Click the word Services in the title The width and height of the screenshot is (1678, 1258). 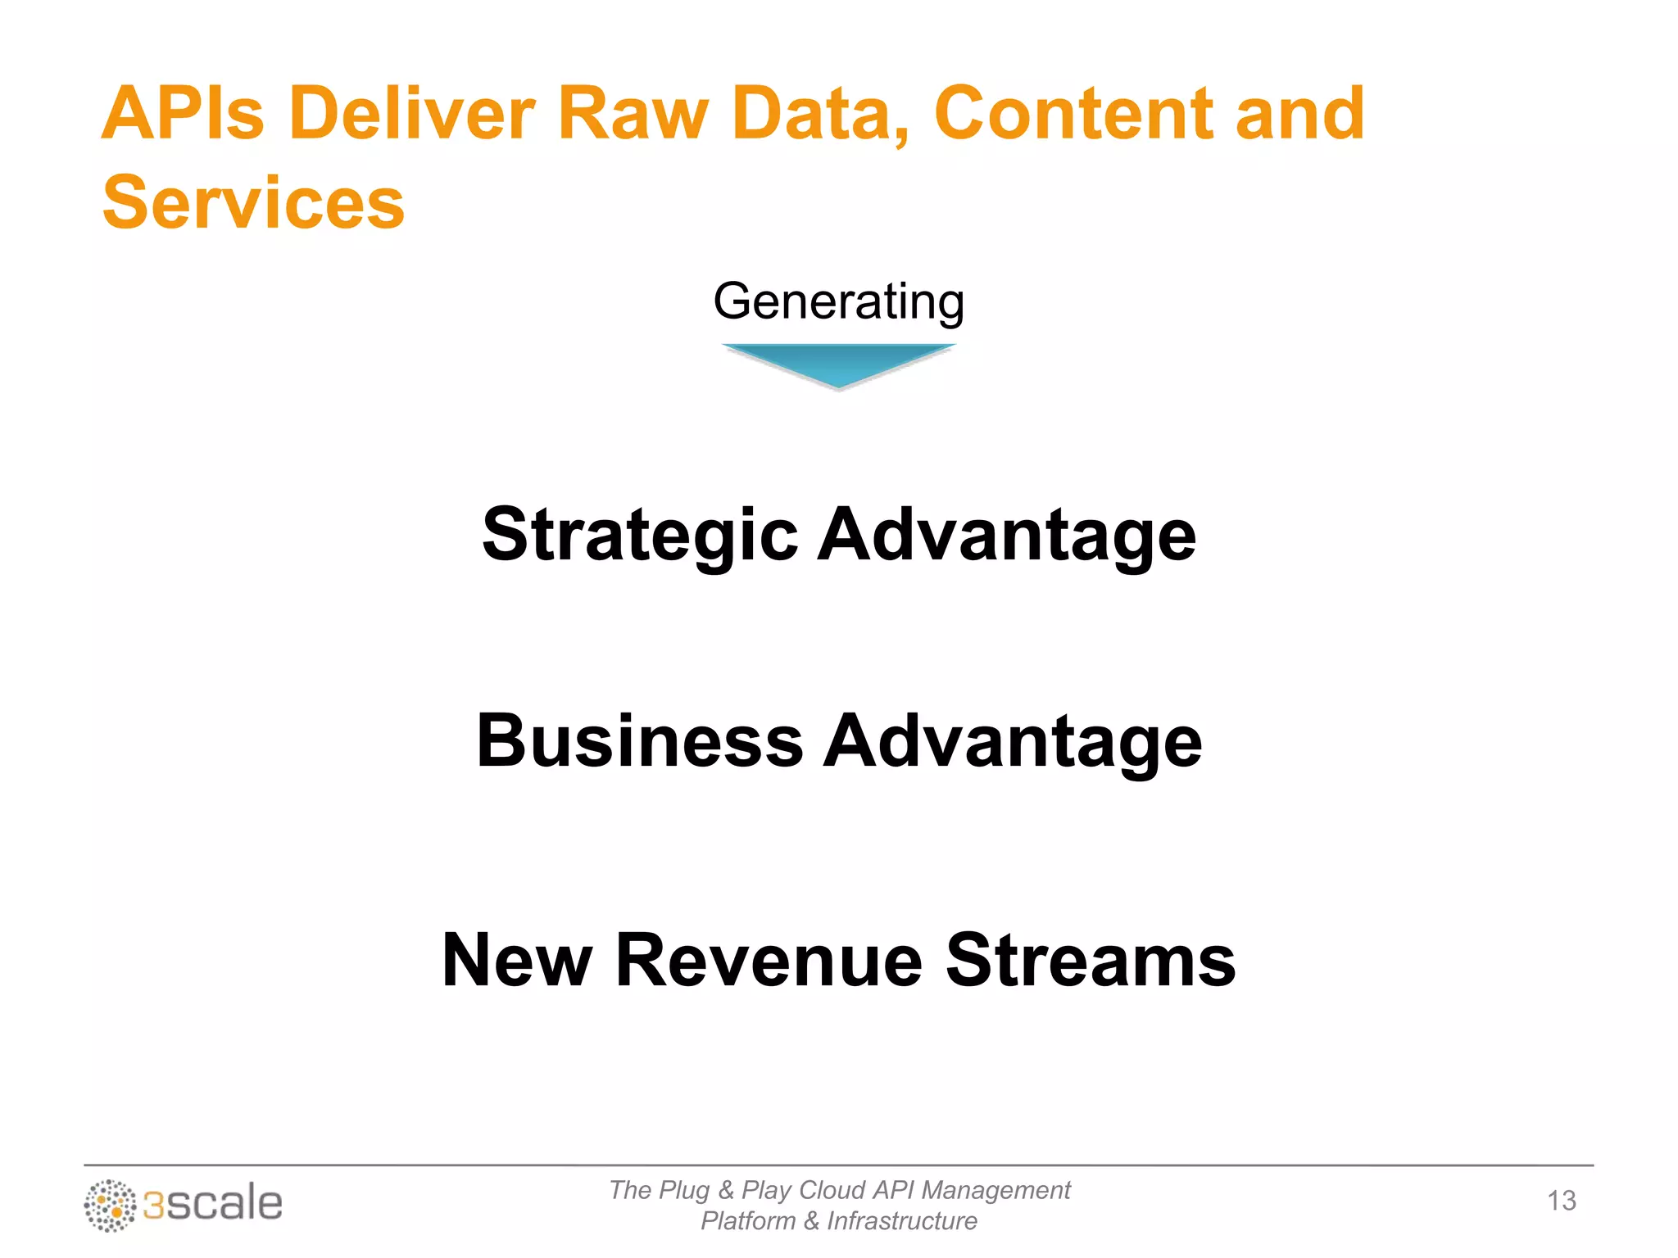pyautogui.click(x=253, y=203)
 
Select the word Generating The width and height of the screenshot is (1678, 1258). pyautogui.click(x=838, y=302)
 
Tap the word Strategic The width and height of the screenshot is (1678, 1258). pyautogui.click(x=640, y=536)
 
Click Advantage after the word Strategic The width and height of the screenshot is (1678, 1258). pyautogui.click(x=1007, y=536)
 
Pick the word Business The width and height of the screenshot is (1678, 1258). pyautogui.click(x=640, y=741)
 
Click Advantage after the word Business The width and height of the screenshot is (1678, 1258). pyautogui.click(x=1012, y=741)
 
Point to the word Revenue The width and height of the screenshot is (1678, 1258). pyautogui.click(x=769, y=960)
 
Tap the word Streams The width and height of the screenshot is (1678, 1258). pyautogui.click(x=1090, y=960)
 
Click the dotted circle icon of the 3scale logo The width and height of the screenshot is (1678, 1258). pyautogui.click(x=110, y=1206)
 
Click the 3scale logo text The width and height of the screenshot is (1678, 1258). pyautogui.click(x=213, y=1204)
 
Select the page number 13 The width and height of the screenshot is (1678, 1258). pyautogui.click(x=1561, y=1201)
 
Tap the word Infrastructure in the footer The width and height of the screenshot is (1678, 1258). pyautogui.click(x=901, y=1221)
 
